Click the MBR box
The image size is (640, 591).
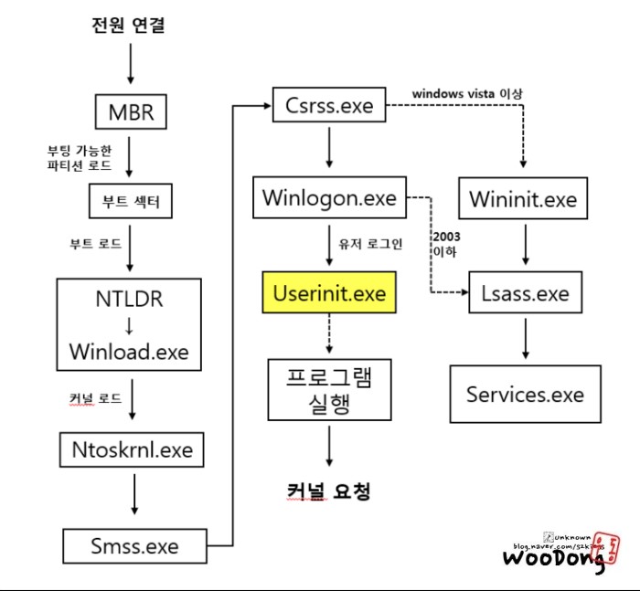tap(129, 115)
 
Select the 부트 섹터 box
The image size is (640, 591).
tap(129, 201)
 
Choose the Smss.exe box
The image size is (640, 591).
tap(134, 546)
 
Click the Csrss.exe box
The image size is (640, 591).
tap(329, 105)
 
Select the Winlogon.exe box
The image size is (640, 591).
tap(329, 198)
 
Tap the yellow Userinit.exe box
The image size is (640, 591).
tap(329, 294)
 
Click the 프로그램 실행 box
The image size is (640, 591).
tap(329, 389)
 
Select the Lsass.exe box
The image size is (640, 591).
tap(524, 294)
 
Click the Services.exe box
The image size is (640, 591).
tap(524, 395)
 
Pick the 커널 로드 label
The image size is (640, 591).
tap(93, 399)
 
